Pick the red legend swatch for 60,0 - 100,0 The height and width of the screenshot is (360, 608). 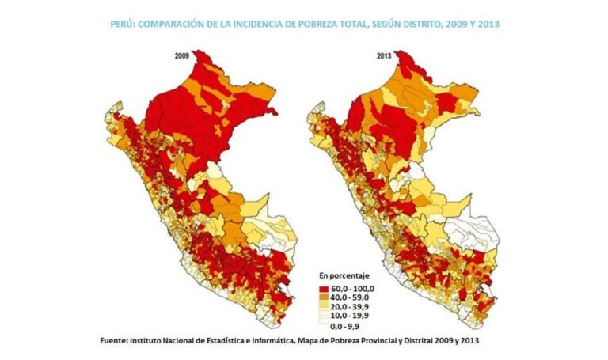point(324,286)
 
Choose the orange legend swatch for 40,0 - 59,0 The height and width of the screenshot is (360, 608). point(324,297)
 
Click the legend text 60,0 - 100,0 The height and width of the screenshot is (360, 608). point(353,286)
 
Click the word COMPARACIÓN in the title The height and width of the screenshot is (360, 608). point(176,25)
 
